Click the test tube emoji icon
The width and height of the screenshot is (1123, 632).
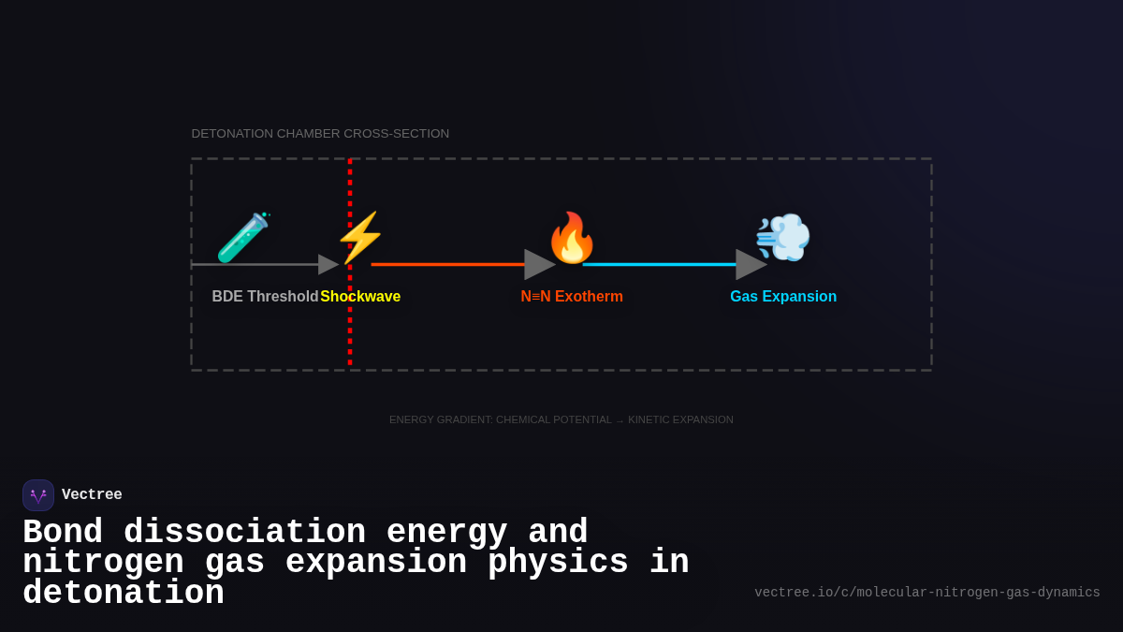[243, 238]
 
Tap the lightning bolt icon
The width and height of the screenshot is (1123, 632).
[360, 237]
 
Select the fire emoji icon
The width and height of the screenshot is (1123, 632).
[571, 237]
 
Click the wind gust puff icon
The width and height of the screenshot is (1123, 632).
[782, 237]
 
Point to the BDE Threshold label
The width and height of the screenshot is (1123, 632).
[265, 297]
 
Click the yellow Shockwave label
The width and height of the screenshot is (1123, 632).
[360, 297]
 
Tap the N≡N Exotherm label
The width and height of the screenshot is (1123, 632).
[572, 297]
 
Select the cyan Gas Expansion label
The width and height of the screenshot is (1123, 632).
[783, 297]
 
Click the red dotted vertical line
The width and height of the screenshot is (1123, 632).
[350, 337]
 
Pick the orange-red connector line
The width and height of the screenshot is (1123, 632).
[447, 264]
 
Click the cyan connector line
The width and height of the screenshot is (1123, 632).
[659, 264]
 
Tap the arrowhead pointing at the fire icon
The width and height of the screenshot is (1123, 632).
[538, 264]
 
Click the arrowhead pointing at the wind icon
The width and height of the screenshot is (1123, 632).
[750, 264]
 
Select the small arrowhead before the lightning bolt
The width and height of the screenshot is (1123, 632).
[328, 264]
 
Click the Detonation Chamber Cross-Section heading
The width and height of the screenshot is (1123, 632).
[320, 134]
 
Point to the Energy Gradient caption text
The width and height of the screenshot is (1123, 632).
[561, 419]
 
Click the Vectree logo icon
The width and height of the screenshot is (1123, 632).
[38, 495]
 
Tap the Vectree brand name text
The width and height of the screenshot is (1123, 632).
[92, 495]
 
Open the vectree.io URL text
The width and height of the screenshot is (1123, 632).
[926, 593]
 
